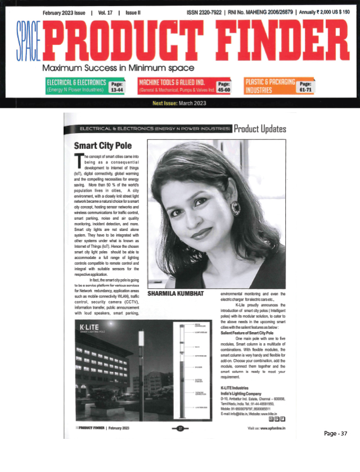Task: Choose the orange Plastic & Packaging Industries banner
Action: click(270, 85)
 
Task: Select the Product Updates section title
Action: click(259, 128)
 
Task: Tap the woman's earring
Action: click(235, 208)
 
